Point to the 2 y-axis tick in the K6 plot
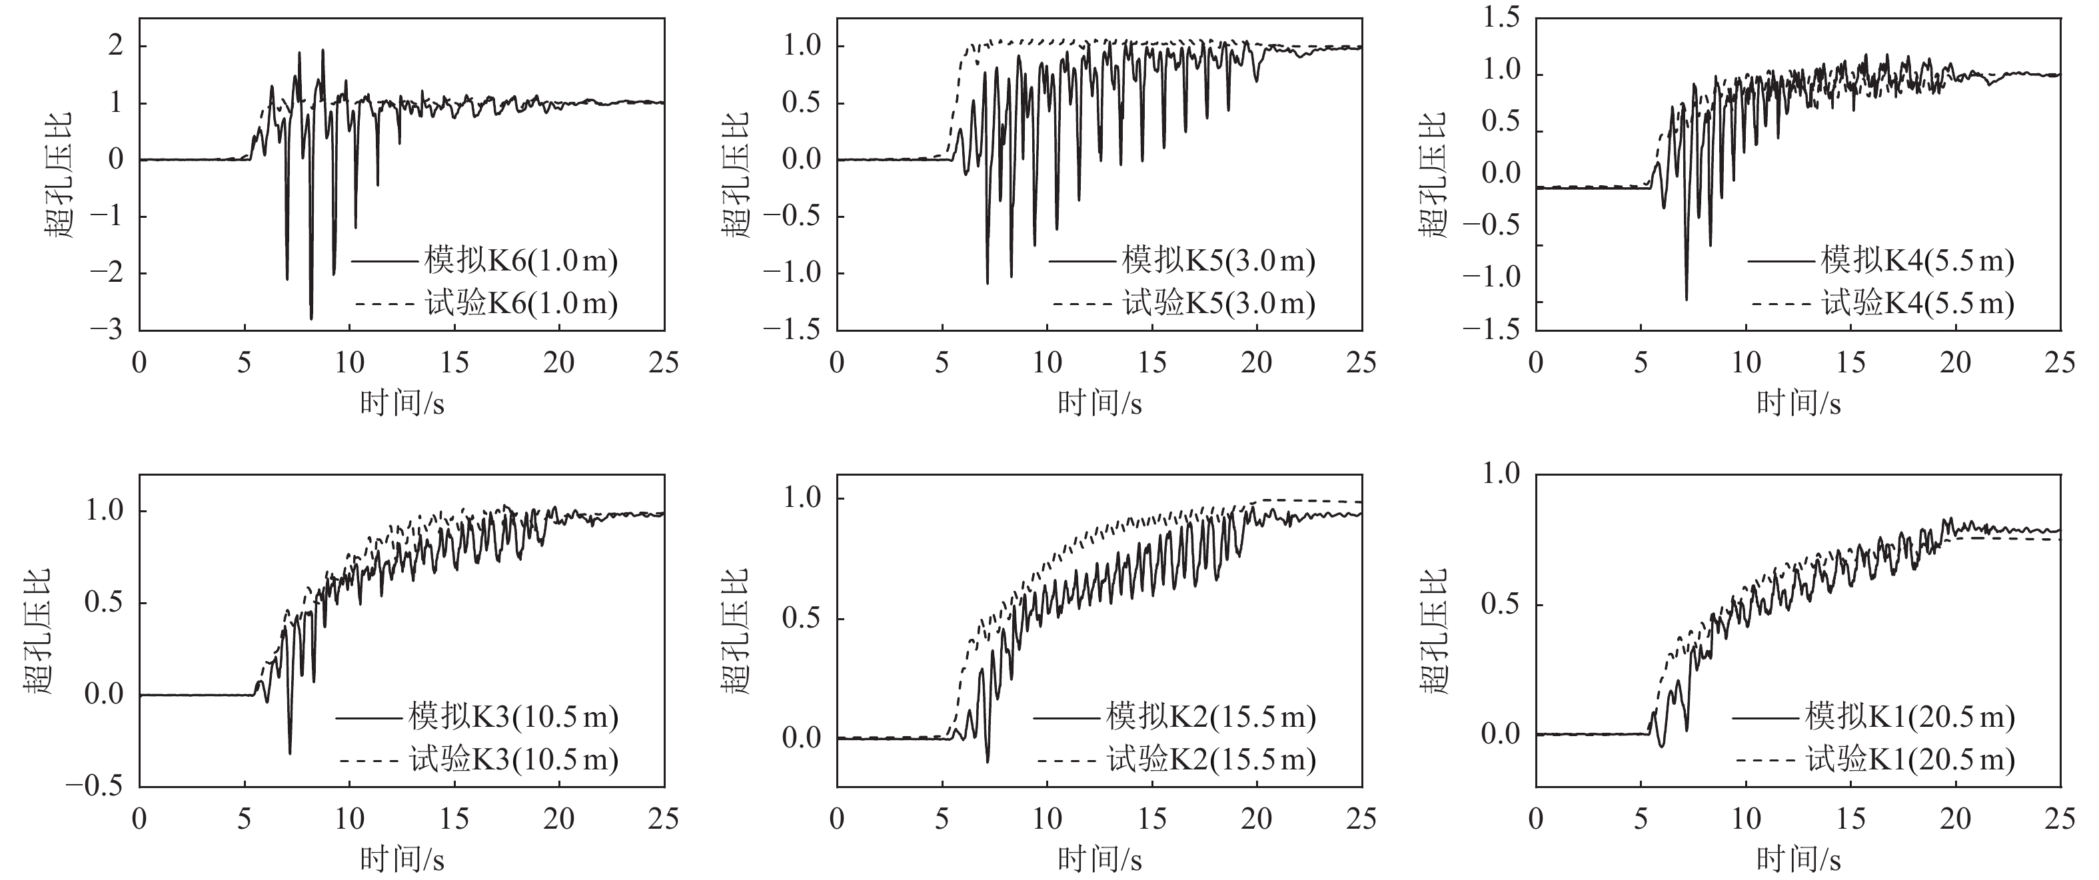(x=116, y=45)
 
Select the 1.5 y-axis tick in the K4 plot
(x=1501, y=19)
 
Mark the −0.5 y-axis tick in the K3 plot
(x=94, y=786)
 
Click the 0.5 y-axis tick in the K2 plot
(x=802, y=618)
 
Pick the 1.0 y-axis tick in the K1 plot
(x=1501, y=474)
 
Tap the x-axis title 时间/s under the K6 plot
(x=402, y=402)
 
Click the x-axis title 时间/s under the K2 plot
(x=1099, y=859)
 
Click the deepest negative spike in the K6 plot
(x=311, y=318)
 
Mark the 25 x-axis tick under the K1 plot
(x=2060, y=818)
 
